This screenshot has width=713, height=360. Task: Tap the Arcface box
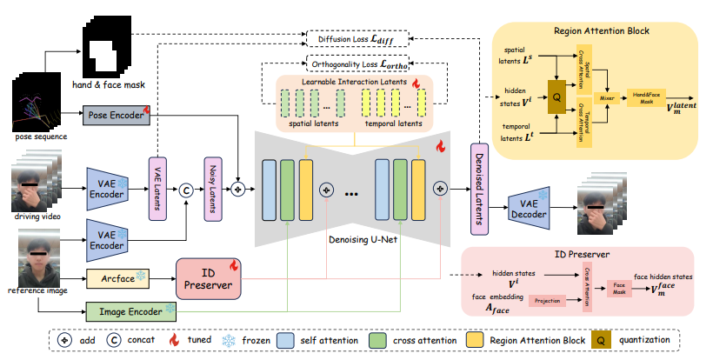click(117, 279)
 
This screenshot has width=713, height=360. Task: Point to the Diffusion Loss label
click(356, 38)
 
